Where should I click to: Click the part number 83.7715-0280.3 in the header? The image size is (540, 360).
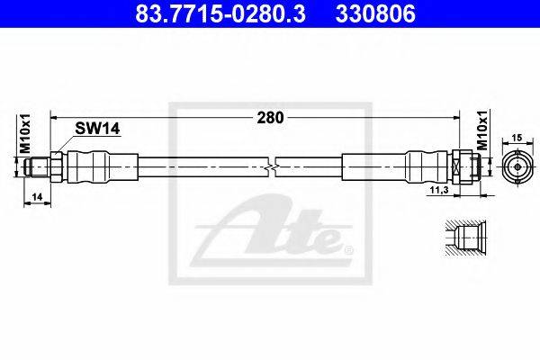click(x=220, y=13)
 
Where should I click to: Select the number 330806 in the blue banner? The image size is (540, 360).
click(x=375, y=13)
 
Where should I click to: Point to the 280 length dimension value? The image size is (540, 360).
click(x=270, y=118)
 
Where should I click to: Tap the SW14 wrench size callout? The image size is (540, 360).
click(x=97, y=129)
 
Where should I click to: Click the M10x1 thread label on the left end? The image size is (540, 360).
click(x=25, y=134)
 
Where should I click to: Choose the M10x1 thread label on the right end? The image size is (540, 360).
click(x=483, y=130)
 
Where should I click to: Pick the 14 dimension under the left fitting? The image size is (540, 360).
click(x=37, y=197)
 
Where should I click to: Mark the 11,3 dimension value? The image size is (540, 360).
click(x=439, y=190)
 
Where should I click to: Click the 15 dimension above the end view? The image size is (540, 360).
click(x=517, y=138)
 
